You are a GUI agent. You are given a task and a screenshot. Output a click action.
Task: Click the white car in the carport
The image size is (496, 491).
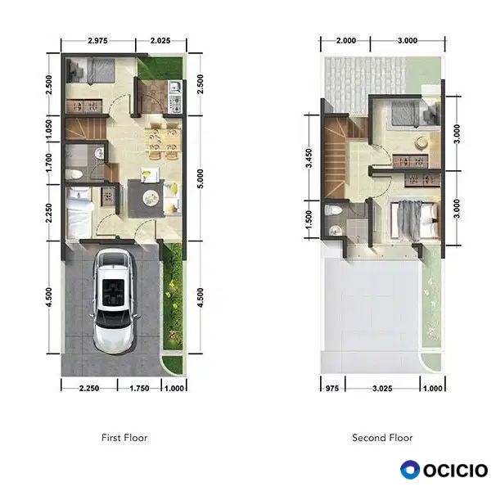[114, 301]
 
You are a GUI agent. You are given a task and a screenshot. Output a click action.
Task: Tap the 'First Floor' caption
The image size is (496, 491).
[124, 438]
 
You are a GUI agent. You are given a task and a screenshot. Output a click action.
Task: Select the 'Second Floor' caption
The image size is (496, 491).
[382, 438]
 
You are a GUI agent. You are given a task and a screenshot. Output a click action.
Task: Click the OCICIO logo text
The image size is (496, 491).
[456, 470]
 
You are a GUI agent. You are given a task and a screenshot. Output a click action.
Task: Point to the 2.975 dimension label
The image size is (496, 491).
[97, 40]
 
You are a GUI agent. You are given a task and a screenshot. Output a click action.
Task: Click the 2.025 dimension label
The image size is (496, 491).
[160, 40]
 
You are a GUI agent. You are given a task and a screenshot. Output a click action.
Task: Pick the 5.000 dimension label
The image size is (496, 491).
[200, 178]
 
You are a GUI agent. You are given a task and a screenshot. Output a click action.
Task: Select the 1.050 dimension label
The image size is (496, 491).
[49, 128]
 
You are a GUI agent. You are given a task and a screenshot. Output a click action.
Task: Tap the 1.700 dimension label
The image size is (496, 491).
[49, 163]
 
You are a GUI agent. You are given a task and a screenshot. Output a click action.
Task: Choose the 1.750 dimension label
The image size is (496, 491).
[139, 388]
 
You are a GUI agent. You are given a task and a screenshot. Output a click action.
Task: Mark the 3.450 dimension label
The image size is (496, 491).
[309, 158]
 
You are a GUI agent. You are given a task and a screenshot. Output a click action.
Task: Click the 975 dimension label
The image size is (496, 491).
[332, 388]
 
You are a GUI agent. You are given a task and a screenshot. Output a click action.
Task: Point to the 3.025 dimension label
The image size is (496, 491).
[382, 388]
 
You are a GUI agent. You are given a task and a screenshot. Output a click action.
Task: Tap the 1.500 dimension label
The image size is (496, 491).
[309, 219]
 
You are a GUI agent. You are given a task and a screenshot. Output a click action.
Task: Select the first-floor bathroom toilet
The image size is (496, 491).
[74, 174]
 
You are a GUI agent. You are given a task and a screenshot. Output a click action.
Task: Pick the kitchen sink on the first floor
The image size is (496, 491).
[174, 87]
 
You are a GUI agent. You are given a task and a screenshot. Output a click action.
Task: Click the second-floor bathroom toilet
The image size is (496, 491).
[333, 210]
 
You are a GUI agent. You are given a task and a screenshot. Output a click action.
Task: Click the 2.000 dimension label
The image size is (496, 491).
[345, 40]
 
